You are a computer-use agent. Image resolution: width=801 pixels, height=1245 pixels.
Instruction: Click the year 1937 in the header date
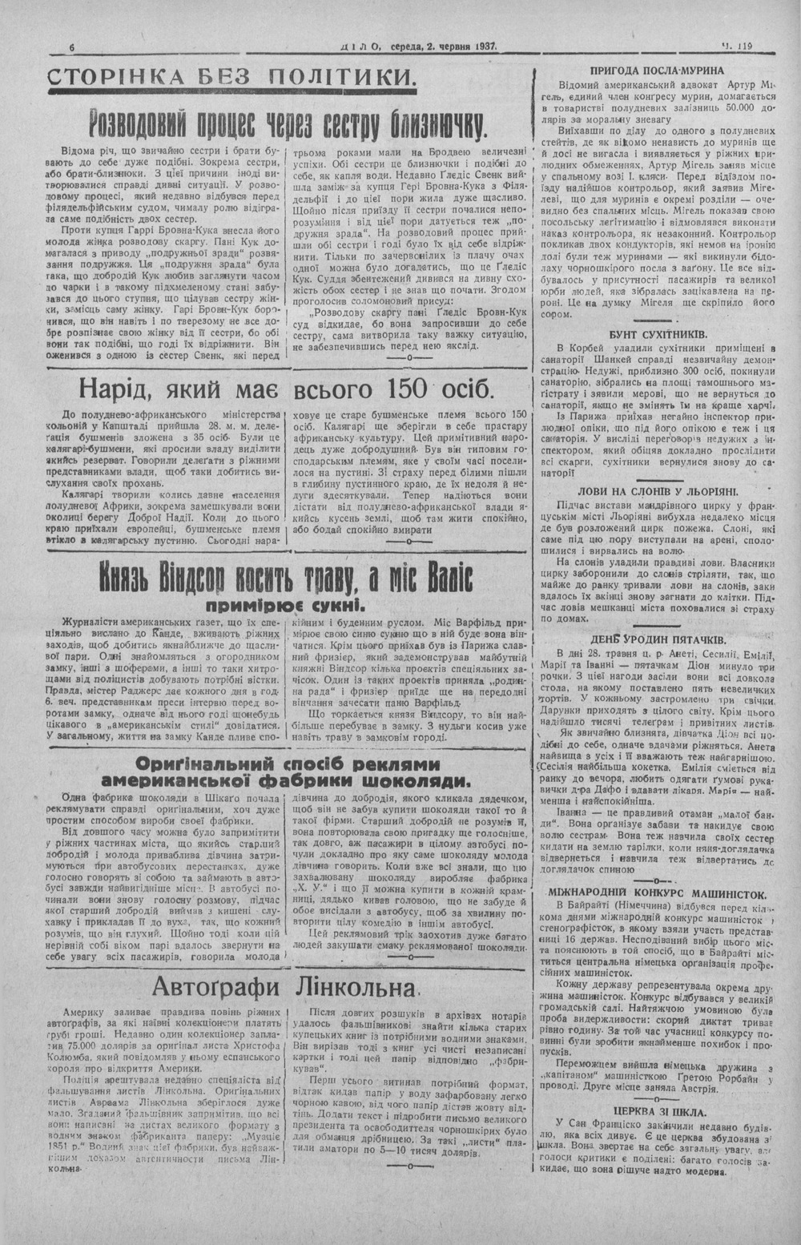click(481, 47)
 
